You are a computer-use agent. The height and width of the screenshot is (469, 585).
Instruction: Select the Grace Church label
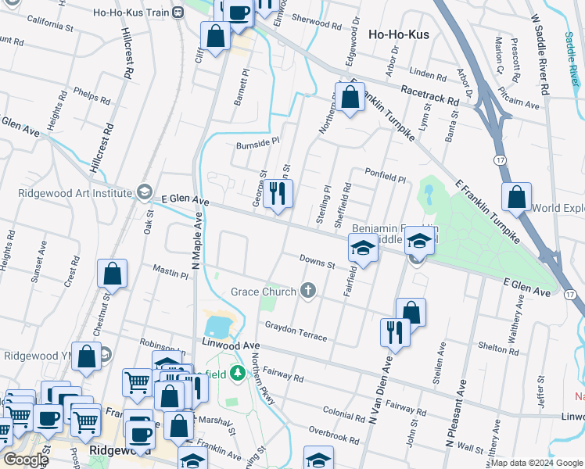263,292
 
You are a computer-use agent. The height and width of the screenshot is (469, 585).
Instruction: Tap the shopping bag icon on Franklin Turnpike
350,98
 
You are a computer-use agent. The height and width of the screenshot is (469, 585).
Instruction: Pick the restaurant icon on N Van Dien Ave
394,331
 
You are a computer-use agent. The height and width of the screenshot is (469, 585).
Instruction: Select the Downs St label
317,261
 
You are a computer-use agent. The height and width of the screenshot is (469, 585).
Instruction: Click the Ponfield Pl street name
385,174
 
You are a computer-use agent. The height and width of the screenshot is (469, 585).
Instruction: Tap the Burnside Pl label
257,143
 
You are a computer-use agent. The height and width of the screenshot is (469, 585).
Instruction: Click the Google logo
26,460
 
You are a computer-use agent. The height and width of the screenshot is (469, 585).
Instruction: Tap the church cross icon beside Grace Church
309,292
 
